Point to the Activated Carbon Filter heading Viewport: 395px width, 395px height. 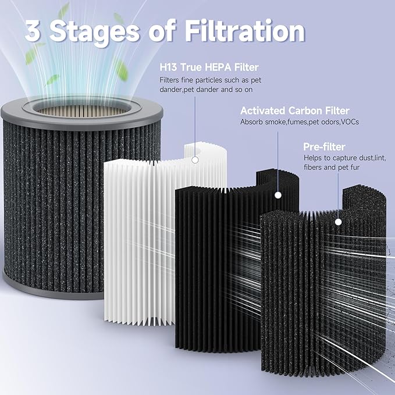click(x=294, y=110)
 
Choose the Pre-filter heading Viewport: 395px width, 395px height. click(x=323, y=146)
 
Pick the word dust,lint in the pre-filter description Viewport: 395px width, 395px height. click(x=366, y=158)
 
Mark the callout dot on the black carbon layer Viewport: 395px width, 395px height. click(x=278, y=196)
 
